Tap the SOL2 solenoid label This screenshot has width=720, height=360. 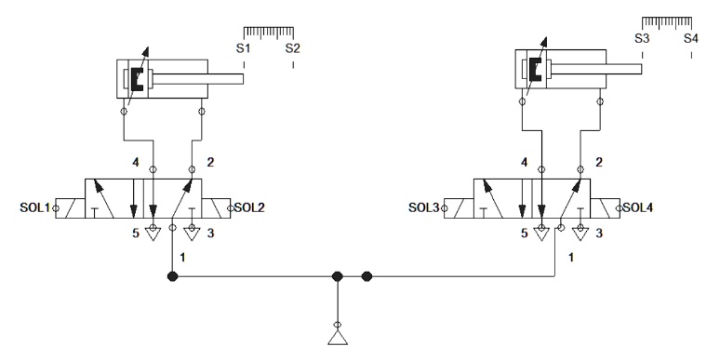point(251,207)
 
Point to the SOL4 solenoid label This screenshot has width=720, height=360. point(642,207)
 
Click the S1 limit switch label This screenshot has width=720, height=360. point(244,47)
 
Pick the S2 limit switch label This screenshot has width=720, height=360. point(293,47)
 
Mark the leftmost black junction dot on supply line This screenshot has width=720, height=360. point(171,276)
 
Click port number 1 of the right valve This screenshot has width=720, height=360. point(572,255)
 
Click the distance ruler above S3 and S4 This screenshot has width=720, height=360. point(667,21)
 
